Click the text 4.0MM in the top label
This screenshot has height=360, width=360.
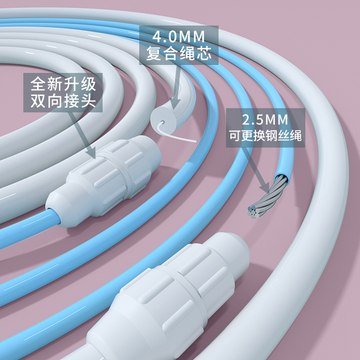click(x=179, y=36)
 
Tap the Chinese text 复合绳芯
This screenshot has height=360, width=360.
click(x=179, y=54)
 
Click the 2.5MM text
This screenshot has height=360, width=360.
click(x=265, y=120)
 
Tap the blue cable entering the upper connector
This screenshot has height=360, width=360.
click(x=27, y=225)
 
